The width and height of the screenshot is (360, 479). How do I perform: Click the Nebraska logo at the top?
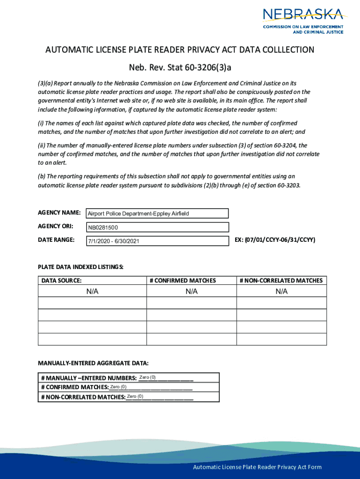[303, 21]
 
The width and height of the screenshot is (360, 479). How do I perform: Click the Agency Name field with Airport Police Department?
[157, 214]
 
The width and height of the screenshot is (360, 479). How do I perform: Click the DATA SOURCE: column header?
[62, 281]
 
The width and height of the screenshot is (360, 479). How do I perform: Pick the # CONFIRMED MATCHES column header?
[183, 281]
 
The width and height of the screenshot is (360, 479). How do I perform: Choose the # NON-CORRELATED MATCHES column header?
[281, 281]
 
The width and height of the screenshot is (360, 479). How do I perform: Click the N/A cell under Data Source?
[92, 291]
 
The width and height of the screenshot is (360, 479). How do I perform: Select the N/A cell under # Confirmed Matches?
[192, 291]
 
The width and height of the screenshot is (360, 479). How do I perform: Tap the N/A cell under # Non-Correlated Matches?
[281, 291]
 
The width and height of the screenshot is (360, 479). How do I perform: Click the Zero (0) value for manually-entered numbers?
[147, 377]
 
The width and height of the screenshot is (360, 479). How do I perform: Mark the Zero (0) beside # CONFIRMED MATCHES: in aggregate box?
[118, 387]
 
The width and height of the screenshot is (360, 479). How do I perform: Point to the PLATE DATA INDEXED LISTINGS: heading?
[80, 267]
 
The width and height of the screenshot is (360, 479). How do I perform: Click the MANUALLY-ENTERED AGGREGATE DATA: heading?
[93, 363]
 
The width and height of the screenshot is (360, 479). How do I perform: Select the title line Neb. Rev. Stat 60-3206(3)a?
[180, 67]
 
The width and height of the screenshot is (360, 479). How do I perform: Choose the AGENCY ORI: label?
[55, 226]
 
